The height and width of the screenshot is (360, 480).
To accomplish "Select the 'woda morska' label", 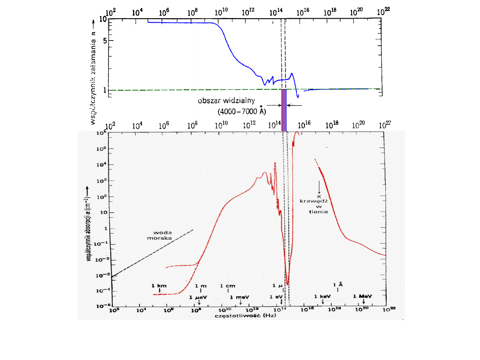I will click(163, 235).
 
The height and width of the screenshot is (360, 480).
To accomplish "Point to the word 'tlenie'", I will click(319, 212).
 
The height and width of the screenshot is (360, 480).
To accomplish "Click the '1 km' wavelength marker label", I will click(159, 286).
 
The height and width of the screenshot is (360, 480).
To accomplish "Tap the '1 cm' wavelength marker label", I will click(228, 286).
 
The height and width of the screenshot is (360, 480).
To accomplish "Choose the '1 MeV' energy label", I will click(363, 296).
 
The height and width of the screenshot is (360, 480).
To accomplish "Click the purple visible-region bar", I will click(284, 110).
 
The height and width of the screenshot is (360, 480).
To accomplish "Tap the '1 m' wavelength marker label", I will click(201, 286).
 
